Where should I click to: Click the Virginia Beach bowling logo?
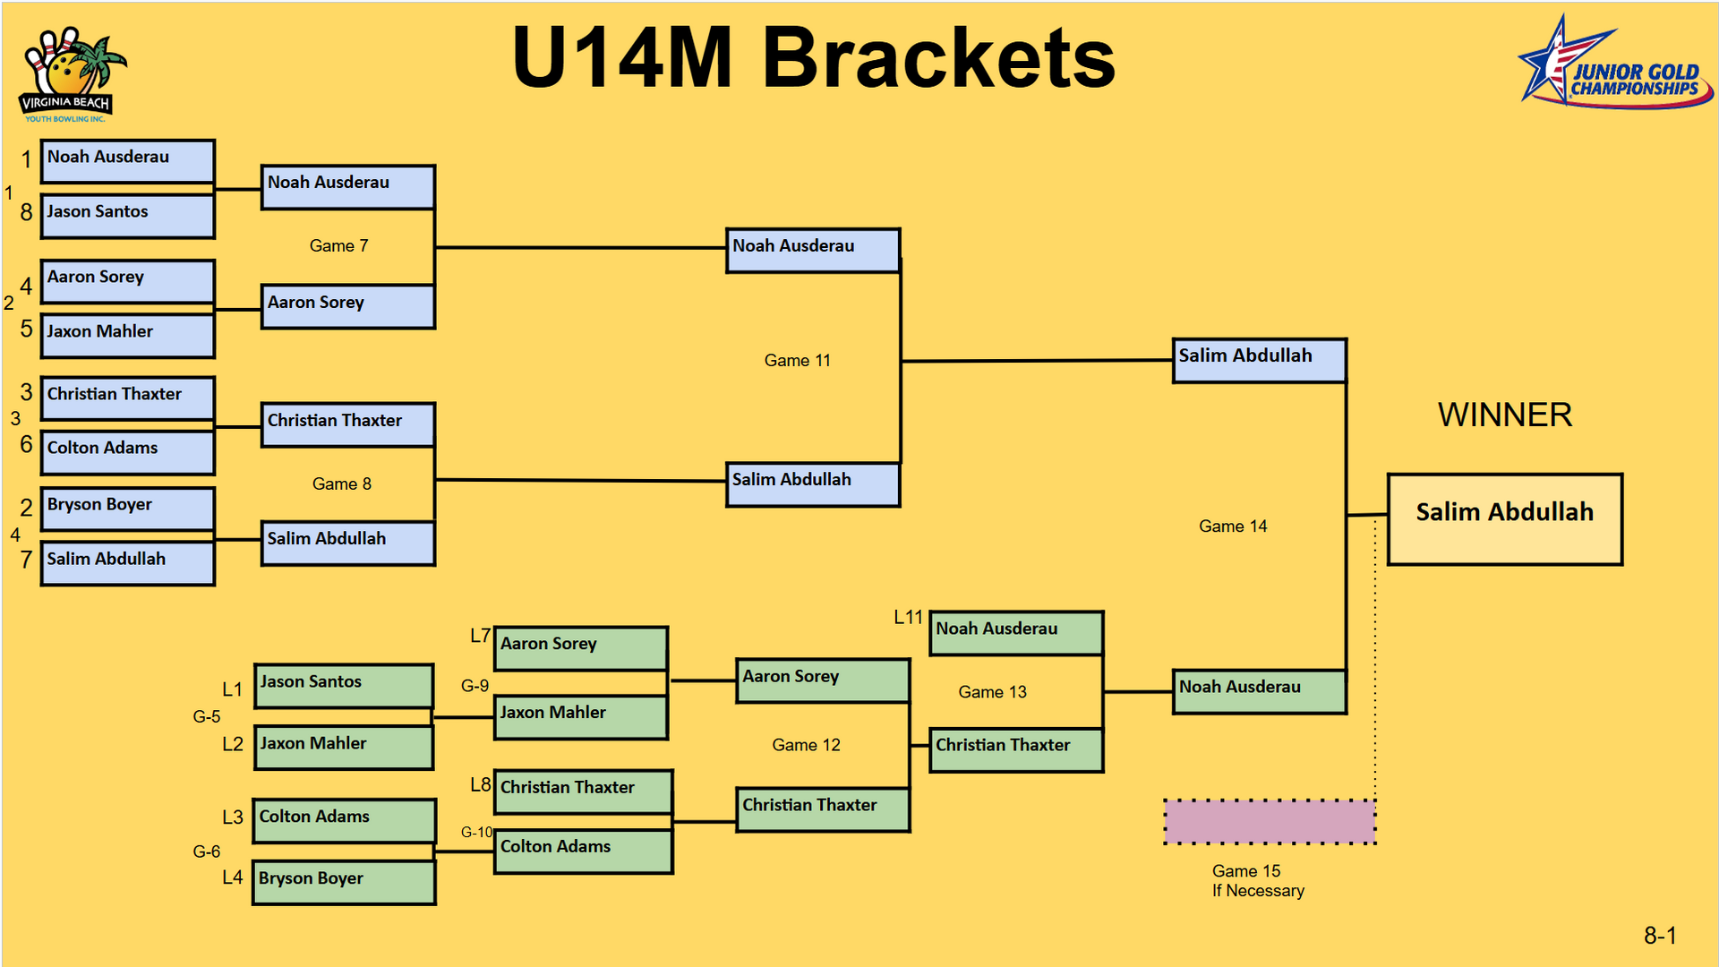click(69, 76)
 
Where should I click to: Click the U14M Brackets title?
click(813, 57)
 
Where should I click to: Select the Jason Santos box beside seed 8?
click(128, 216)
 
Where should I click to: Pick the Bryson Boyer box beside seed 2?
click(128, 509)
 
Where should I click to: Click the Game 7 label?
click(338, 245)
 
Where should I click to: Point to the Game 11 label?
click(797, 360)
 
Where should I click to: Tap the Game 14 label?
click(1233, 526)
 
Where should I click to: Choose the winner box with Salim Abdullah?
click(1504, 519)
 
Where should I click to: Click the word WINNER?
click(1504, 415)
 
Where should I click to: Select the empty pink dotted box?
click(1270, 821)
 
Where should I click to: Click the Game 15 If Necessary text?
click(1257, 880)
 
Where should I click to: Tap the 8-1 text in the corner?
click(1660, 936)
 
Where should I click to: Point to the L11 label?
click(908, 617)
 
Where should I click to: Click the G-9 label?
click(475, 686)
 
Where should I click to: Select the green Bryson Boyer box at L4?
click(344, 883)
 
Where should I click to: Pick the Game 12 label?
click(806, 745)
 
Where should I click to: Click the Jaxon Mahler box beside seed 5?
click(128, 336)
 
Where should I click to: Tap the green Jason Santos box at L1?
click(344, 686)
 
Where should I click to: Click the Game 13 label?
click(992, 692)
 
